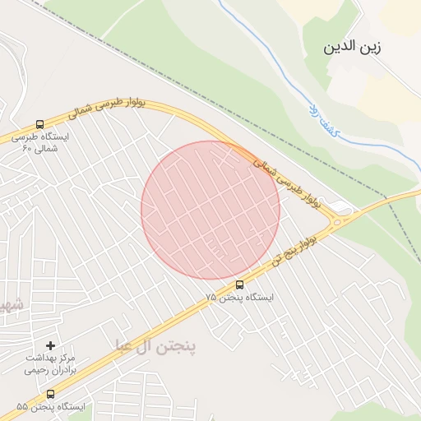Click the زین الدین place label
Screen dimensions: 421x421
coord(354,48)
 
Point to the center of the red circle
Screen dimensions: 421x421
coord(210,210)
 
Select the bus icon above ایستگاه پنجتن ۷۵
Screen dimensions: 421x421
coord(239,285)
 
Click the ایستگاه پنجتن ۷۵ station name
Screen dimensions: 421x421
coord(239,297)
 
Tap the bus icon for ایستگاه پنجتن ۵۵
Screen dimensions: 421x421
coord(52,394)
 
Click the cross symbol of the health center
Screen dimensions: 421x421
coord(51,345)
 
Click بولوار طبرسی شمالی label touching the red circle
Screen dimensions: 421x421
coord(285,181)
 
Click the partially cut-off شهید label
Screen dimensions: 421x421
coord(10,305)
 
